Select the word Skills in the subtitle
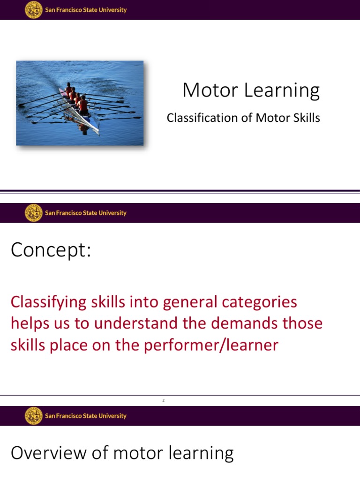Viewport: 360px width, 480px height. pyautogui.click(x=306, y=118)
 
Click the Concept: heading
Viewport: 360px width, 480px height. pyautogui.click(x=51, y=251)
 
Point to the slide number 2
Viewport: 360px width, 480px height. pyautogui.click(x=164, y=400)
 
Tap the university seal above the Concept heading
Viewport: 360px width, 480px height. pyautogui.click(x=33, y=213)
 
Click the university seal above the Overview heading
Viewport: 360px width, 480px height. pyautogui.click(x=33, y=416)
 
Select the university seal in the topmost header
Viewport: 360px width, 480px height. pyautogui.click(x=33, y=10)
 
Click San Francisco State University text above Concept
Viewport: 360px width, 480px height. pyautogui.click(x=86, y=213)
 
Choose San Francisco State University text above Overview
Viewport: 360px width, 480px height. pyautogui.click(x=86, y=416)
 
